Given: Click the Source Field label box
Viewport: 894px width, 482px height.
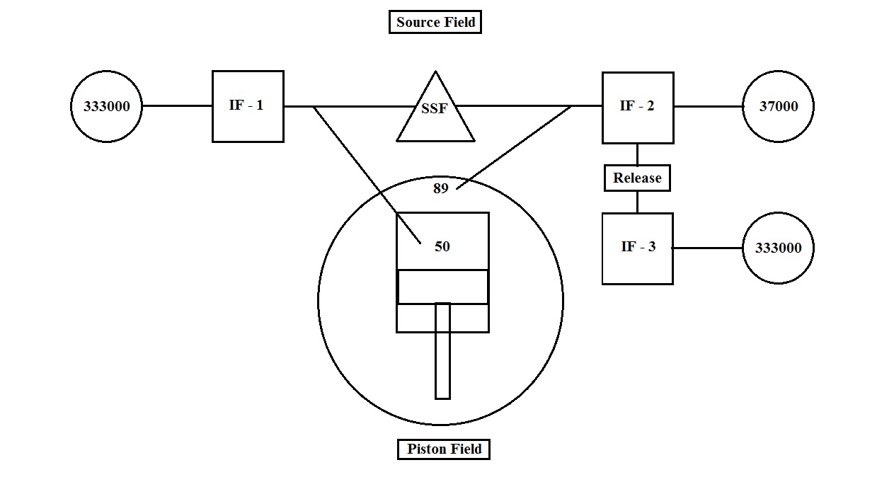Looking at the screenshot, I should coord(435,22).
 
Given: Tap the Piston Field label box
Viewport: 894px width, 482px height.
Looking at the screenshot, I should coord(444,449).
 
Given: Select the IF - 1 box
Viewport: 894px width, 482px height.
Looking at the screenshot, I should coord(248,106).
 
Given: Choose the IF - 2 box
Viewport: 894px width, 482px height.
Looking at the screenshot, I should coord(637,107).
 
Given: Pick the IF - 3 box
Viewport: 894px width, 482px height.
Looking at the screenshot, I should coord(637,248).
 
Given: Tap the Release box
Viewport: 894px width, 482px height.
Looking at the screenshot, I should coord(637,178).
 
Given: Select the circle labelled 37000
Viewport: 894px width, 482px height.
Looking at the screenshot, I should coord(778,106).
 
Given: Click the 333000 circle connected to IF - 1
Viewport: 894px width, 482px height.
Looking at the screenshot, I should coord(106,106).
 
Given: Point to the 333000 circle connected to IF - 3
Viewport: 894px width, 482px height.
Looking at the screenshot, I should coord(778,248).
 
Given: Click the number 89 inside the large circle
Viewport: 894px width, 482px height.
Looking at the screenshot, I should coord(441,189).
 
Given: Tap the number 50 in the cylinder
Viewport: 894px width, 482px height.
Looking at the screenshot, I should coord(442,246).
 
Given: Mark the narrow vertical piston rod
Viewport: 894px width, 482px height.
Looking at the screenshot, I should coord(442,354).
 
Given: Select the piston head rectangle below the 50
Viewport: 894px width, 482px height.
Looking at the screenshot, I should coord(442,287).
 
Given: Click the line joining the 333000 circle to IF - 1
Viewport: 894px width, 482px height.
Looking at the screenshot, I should coord(177,106).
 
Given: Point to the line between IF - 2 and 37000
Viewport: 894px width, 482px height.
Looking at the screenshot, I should coord(708,106).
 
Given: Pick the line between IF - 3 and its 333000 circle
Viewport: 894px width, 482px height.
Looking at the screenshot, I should coord(708,248).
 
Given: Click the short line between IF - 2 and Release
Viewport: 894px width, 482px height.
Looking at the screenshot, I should coord(637,154).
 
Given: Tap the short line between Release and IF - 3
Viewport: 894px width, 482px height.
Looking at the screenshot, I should coord(637,202).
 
